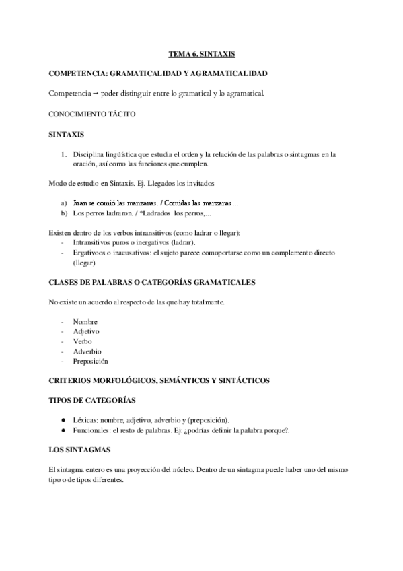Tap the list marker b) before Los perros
63,213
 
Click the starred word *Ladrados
152,213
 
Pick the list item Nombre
85,322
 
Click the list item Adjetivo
87,331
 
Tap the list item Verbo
83,341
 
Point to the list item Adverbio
87,351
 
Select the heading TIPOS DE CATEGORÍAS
92,400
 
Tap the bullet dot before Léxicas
63,420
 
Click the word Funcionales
91,430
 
